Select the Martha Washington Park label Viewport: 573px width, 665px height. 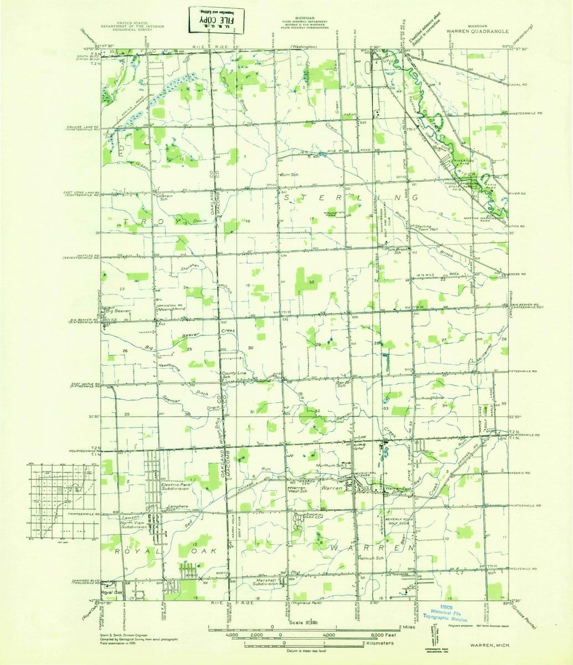[x=483, y=218]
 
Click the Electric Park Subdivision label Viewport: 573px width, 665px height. [x=176, y=487]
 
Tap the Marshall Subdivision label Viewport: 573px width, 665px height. [x=266, y=581]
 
